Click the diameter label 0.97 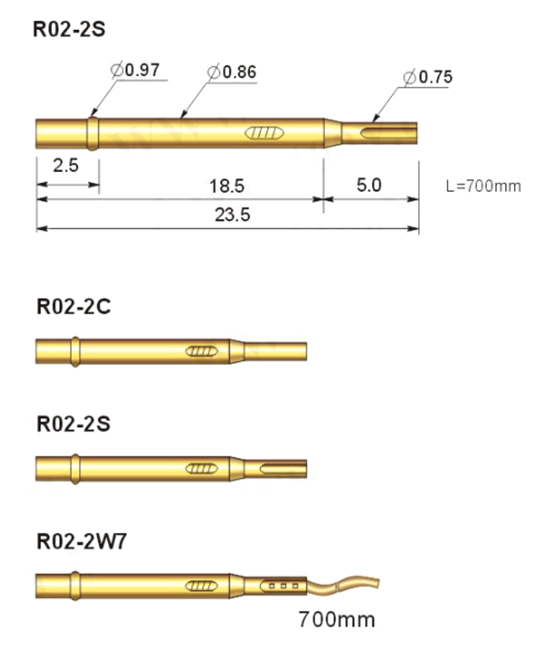point(135,69)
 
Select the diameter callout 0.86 point(232,72)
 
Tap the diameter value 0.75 point(428,77)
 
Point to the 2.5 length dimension point(66,165)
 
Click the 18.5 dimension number point(227,186)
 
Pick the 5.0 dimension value point(369,185)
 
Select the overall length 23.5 point(232,215)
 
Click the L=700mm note point(483,186)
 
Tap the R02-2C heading point(74,307)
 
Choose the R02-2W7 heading point(81,542)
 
